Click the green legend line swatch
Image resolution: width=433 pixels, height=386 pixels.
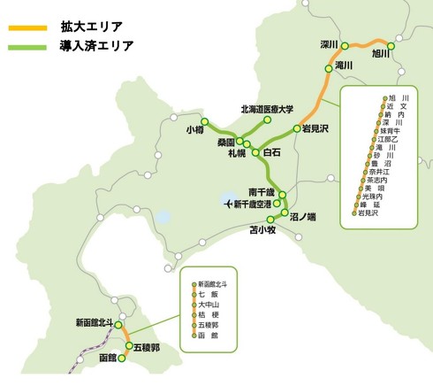27,47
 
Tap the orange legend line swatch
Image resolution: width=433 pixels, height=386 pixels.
27,26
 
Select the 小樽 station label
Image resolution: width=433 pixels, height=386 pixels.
195,129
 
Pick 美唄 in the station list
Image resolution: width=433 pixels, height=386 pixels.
375,189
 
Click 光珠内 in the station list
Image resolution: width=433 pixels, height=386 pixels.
373,197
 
